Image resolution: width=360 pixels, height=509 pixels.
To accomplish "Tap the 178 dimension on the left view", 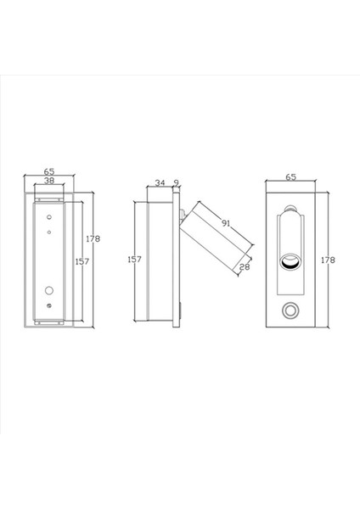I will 93,239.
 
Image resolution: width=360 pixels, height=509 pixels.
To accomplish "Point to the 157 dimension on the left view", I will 81,262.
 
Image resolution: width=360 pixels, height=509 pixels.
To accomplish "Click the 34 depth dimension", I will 160,182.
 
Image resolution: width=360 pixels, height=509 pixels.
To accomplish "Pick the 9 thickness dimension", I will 176,182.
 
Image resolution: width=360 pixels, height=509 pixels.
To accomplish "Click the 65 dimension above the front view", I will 291,177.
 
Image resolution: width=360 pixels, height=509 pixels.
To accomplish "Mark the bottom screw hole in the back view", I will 49,305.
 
